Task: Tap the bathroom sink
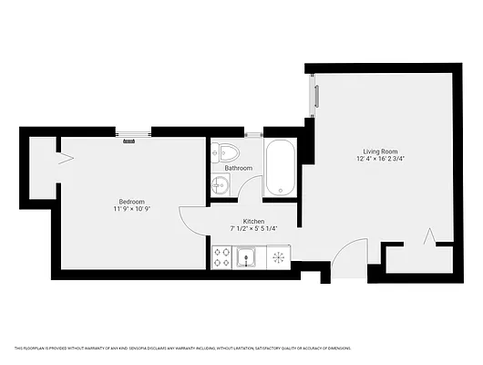[x=219, y=185]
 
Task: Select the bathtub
[x=280, y=169]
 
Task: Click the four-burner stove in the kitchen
[x=221, y=258]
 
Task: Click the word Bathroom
[x=239, y=168]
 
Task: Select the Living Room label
[x=382, y=151]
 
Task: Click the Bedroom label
[x=131, y=201]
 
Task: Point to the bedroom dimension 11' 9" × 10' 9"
[x=131, y=209]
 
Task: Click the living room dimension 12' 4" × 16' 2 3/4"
[x=382, y=161]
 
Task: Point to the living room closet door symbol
[x=426, y=239]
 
